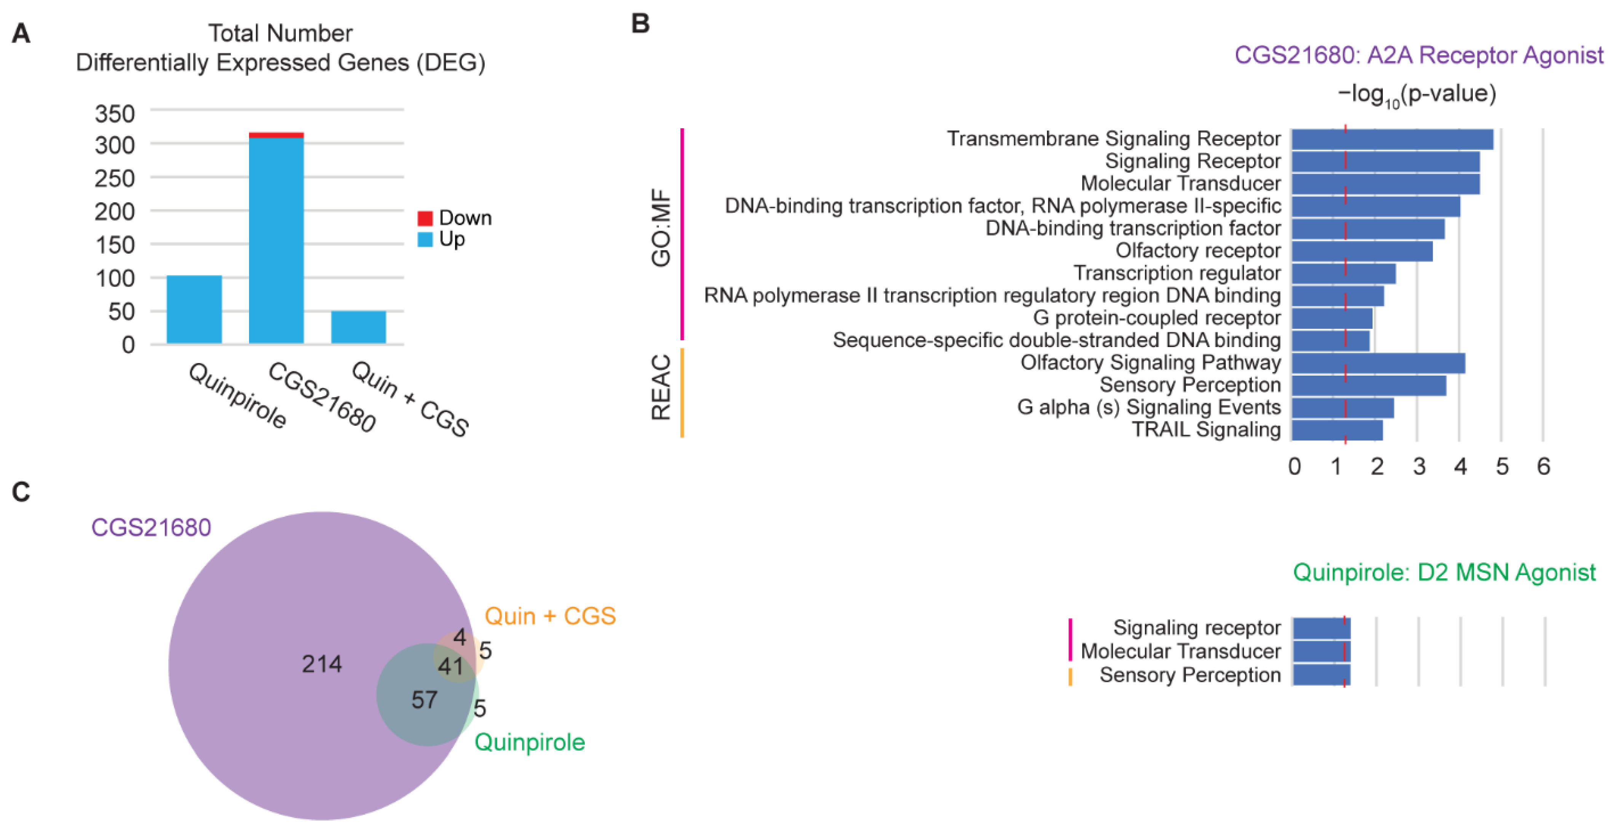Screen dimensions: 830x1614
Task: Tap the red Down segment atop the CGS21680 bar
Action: (276, 135)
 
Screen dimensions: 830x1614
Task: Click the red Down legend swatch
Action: (425, 218)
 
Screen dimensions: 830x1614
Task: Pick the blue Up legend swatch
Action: (425, 239)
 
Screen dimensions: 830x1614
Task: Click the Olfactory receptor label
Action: (1197, 250)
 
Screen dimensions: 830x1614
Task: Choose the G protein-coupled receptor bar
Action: (1331, 318)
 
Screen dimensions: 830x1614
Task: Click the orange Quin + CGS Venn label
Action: (549, 617)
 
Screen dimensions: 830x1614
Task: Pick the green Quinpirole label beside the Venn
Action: (530, 742)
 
